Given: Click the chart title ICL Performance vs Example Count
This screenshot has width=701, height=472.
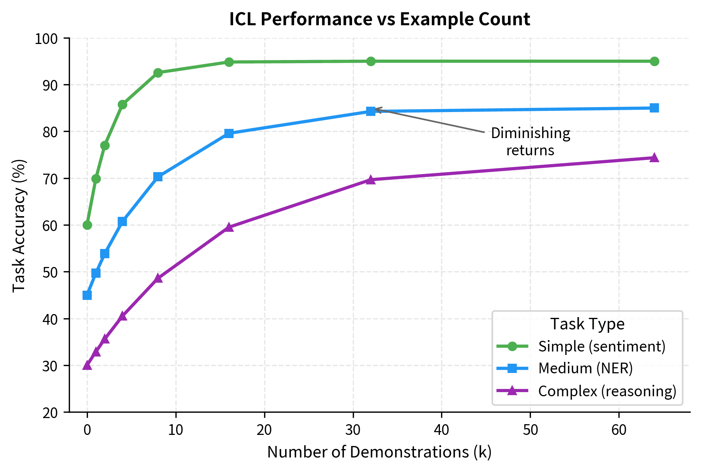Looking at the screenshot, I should tap(379, 20).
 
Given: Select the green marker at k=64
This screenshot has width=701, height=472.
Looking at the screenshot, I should tap(654, 61).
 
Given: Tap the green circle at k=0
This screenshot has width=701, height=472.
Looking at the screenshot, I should tap(87, 225).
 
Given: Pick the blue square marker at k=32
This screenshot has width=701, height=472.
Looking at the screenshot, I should tap(370, 111).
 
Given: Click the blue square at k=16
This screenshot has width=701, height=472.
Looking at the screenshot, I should tap(229, 133).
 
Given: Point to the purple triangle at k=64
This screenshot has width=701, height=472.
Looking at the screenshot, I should tap(654, 158).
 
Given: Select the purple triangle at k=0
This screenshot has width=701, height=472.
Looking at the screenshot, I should tap(87, 365).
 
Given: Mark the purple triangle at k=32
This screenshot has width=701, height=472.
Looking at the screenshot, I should tap(370, 180).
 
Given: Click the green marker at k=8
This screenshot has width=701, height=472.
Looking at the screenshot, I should tap(158, 73).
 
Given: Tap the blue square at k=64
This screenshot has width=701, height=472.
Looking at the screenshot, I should tap(654, 108).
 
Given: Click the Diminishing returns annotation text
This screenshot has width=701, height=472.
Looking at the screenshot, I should tap(530, 142).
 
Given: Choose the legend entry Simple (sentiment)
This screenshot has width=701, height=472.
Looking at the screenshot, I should tap(602, 346).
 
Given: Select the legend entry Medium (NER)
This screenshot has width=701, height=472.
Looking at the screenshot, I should tap(585, 368).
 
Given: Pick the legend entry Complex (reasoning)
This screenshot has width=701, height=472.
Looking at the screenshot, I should tap(607, 391).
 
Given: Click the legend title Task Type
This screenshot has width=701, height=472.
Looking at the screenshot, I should tap(587, 324).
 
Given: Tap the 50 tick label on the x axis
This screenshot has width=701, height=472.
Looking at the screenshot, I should tap(530, 430).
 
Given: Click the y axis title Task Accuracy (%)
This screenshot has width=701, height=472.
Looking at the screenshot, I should tap(19, 225).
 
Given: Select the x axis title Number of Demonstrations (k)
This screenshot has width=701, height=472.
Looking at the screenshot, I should tap(379, 452).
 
